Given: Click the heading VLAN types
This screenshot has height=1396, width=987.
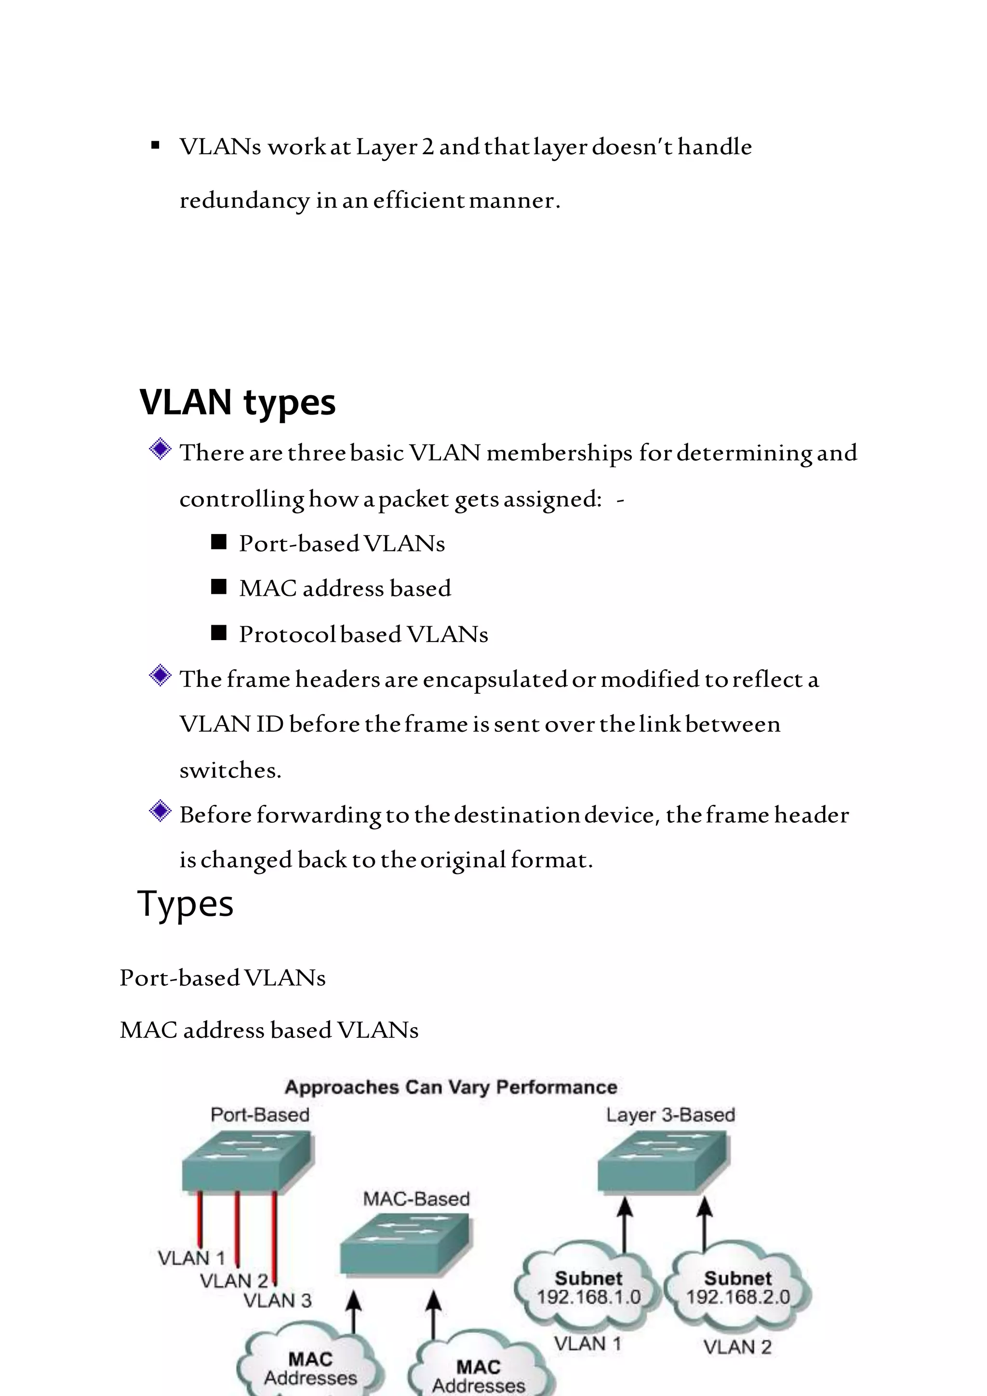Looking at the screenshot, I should [x=237, y=403].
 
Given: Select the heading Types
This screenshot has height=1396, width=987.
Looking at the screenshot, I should [x=186, y=903].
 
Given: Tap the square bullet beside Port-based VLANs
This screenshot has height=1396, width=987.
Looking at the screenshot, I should [x=218, y=542].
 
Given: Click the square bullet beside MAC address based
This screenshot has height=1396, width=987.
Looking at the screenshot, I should [x=218, y=587].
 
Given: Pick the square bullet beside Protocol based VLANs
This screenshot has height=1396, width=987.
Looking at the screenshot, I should [x=218, y=633].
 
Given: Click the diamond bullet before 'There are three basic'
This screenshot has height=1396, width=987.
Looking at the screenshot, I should [x=160, y=450].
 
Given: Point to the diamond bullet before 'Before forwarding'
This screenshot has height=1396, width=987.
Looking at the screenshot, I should [x=160, y=811].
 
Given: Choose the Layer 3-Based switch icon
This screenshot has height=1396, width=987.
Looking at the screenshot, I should [x=664, y=1161].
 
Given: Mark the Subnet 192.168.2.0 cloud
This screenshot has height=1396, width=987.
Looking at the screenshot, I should [x=738, y=1287].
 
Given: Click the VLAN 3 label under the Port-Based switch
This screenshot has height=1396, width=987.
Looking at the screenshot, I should [x=278, y=1301].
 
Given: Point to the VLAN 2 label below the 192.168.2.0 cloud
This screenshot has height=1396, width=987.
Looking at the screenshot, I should [x=737, y=1347].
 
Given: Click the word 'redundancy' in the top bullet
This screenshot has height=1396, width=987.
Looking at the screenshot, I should [x=244, y=201].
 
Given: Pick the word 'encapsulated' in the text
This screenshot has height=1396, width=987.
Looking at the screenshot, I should [x=495, y=679].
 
